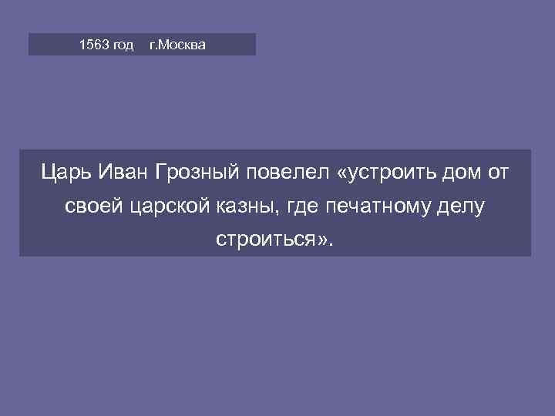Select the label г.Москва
pos(177,45)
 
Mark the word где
pos(298,206)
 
